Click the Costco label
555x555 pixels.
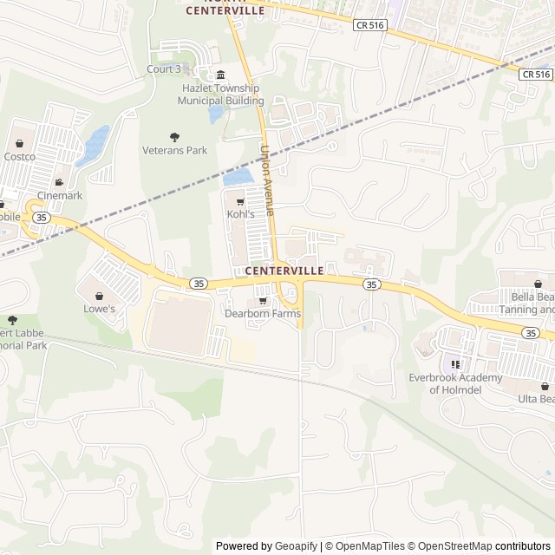tap(19, 157)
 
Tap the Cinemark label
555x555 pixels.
tap(60, 195)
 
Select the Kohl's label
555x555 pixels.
tap(241, 213)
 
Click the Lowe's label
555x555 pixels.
tap(99, 309)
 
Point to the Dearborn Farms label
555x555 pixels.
tap(263, 313)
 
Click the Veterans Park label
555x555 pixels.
tap(174, 150)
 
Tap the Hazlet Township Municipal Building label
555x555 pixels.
tap(220, 95)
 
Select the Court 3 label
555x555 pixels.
tap(164, 69)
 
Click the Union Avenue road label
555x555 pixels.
tap(267, 180)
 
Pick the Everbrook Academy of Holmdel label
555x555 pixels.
tap(454, 383)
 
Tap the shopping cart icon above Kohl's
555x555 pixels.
tap(240, 202)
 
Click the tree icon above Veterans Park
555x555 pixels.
tap(174, 137)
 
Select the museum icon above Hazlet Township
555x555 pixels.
tap(220, 75)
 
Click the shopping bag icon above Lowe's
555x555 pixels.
tap(99, 296)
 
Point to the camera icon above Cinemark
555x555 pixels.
tap(59, 182)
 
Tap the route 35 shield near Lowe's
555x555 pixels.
tap(199, 284)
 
